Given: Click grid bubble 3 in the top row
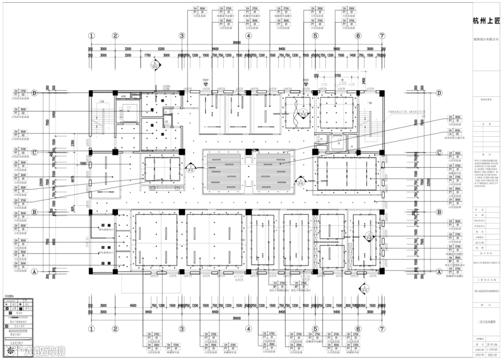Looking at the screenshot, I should [182, 36].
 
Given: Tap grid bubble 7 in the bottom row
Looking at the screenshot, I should [382, 328].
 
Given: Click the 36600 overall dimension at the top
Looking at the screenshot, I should [237, 43].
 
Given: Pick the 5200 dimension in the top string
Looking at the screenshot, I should [161, 48].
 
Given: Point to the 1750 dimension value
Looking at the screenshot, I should [147, 55].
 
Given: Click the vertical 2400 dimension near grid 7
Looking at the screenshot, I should [363, 80].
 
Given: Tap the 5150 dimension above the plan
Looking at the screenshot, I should [337, 75].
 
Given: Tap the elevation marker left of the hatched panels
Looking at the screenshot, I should [190, 167].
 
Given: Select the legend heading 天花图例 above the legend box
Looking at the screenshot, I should [10, 295].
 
